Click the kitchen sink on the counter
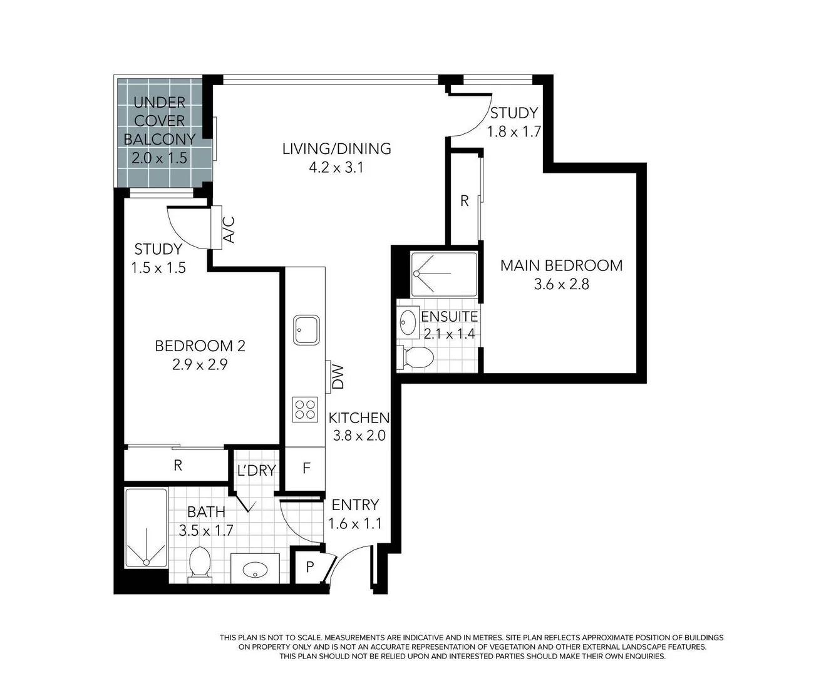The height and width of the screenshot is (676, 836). [x=306, y=329]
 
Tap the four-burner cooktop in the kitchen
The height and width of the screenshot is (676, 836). [x=305, y=409]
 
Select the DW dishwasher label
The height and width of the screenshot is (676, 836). [x=338, y=377]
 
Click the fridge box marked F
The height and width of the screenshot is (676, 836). [x=306, y=468]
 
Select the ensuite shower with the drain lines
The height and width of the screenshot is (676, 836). [x=444, y=274]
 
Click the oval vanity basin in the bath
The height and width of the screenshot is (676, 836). [x=255, y=569]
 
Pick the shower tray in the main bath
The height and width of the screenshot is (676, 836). [x=147, y=529]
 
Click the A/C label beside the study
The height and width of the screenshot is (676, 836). [x=229, y=229]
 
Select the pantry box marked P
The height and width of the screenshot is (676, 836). [x=309, y=567]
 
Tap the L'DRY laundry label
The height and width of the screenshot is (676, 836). [x=256, y=471]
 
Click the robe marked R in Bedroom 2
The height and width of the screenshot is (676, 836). [x=178, y=465]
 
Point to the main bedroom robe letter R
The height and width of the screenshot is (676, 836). [x=464, y=201]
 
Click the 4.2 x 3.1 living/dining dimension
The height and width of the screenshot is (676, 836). [x=336, y=168]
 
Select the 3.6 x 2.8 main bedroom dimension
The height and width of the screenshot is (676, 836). [x=561, y=284]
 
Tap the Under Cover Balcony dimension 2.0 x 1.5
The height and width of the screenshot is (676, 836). [x=159, y=158]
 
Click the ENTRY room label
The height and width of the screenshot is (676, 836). [x=355, y=504]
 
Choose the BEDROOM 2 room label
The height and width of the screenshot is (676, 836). [x=200, y=346]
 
